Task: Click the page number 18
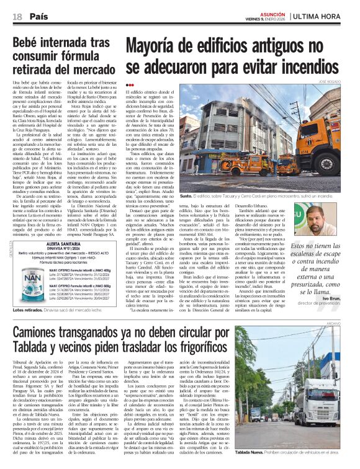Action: (x=17, y=16)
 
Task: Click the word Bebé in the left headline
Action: (x=31, y=43)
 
